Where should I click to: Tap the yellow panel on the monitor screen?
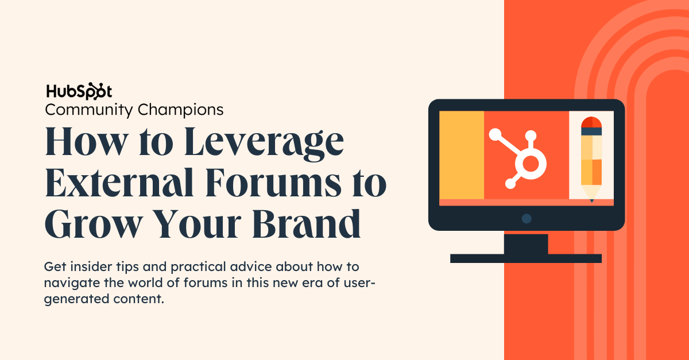coord(462,155)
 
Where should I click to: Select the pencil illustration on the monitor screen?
coord(591,158)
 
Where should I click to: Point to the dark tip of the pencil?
coord(591,200)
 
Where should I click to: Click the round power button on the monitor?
coord(527,218)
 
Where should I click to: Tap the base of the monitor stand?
coord(526,258)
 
